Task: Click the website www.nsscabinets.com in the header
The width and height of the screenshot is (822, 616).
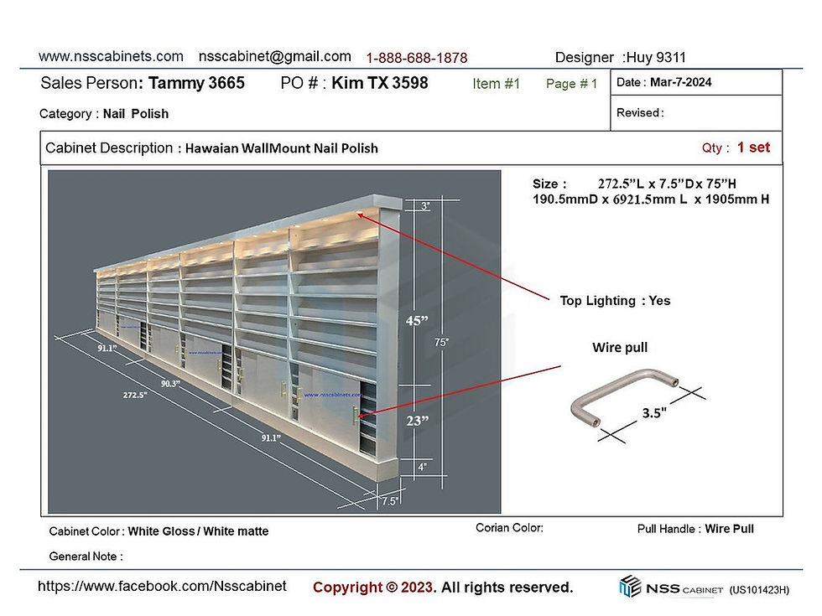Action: click(x=111, y=57)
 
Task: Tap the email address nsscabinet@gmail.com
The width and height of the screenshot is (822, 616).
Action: click(x=275, y=57)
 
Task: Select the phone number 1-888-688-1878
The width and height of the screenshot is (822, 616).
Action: click(x=417, y=58)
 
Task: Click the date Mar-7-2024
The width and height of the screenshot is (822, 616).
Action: click(x=680, y=82)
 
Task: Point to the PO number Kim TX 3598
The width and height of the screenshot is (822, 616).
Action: click(x=379, y=83)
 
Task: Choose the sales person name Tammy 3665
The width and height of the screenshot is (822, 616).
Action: click(x=196, y=83)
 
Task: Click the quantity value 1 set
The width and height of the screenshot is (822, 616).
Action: click(x=753, y=148)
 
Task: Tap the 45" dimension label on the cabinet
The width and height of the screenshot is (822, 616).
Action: click(x=417, y=320)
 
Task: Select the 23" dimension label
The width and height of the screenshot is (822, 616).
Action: click(x=418, y=421)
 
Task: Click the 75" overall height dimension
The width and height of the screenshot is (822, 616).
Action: click(x=441, y=342)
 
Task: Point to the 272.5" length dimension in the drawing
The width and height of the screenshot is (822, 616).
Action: click(x=135, y=395)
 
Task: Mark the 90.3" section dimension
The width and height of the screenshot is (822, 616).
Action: click(x=170, y=384)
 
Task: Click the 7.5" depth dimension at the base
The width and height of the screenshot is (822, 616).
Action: click(x=389, y=501)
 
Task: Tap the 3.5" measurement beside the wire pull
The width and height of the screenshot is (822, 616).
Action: click(x=654, y=412)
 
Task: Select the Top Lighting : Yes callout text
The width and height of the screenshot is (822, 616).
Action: click(x=615, y=301)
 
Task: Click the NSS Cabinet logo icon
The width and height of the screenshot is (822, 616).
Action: click(x=630, y=586)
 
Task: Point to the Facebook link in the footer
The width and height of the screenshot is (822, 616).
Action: click(x=162, y=586)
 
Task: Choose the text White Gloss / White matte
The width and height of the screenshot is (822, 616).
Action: click(x=198, y=531)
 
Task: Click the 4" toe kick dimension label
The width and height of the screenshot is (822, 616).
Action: click(x=423, y=467)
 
